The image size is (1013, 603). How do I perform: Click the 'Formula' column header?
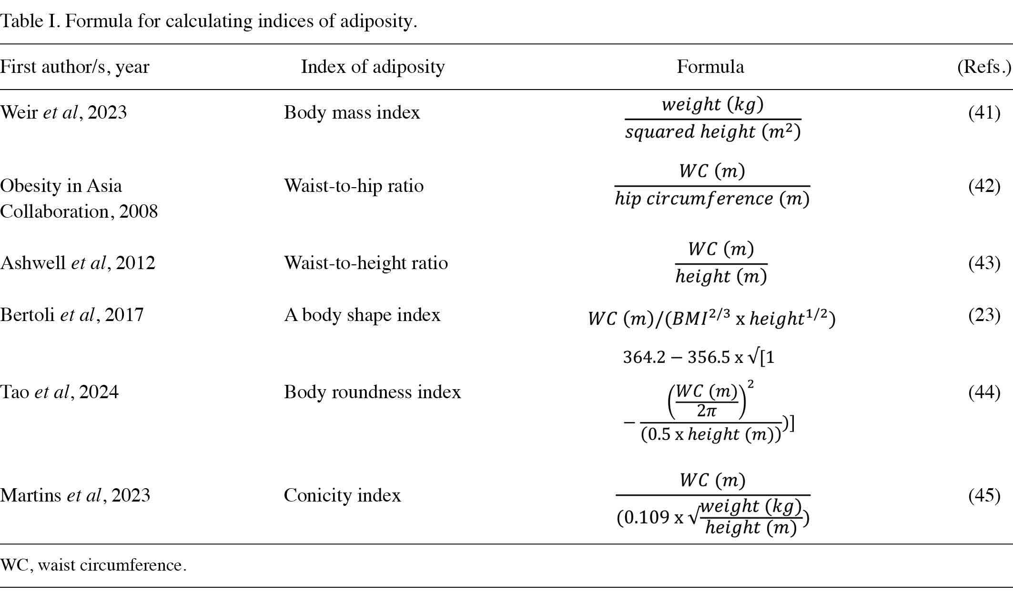[710, 67]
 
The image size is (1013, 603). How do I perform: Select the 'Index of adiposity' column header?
[373, 67]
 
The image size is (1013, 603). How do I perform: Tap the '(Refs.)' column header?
[984, 67]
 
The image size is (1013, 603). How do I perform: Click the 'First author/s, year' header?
[75, 67]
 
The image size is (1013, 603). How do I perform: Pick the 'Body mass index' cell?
[352, 112]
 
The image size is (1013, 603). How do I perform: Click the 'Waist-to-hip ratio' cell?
[354, 185]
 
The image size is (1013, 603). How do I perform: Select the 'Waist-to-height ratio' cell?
[366, 263]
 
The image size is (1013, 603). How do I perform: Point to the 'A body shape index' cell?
[362, 315]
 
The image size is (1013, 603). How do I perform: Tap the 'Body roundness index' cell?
[372, 392]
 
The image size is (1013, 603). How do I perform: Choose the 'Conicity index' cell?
[342, 495]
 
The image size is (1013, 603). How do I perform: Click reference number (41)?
[984, 112]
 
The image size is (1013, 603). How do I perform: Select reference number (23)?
[984, 315]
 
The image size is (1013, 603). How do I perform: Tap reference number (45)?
[984, 495]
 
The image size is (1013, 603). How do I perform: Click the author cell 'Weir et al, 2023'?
[63, 112]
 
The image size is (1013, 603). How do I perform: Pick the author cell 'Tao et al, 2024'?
[59, 392]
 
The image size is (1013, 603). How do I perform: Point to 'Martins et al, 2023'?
[75, 495]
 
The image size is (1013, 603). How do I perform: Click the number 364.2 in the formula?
[644, 357]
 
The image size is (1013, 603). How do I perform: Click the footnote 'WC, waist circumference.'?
[93, 565]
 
